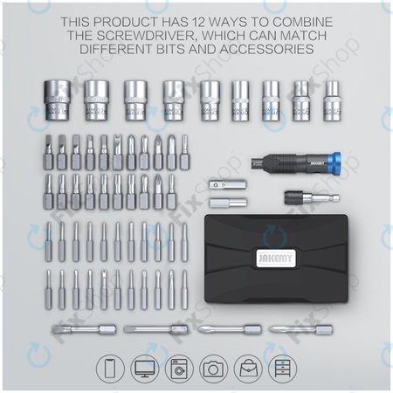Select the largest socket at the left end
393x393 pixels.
coord(53,100)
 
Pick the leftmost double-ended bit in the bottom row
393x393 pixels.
coord(72,330)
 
